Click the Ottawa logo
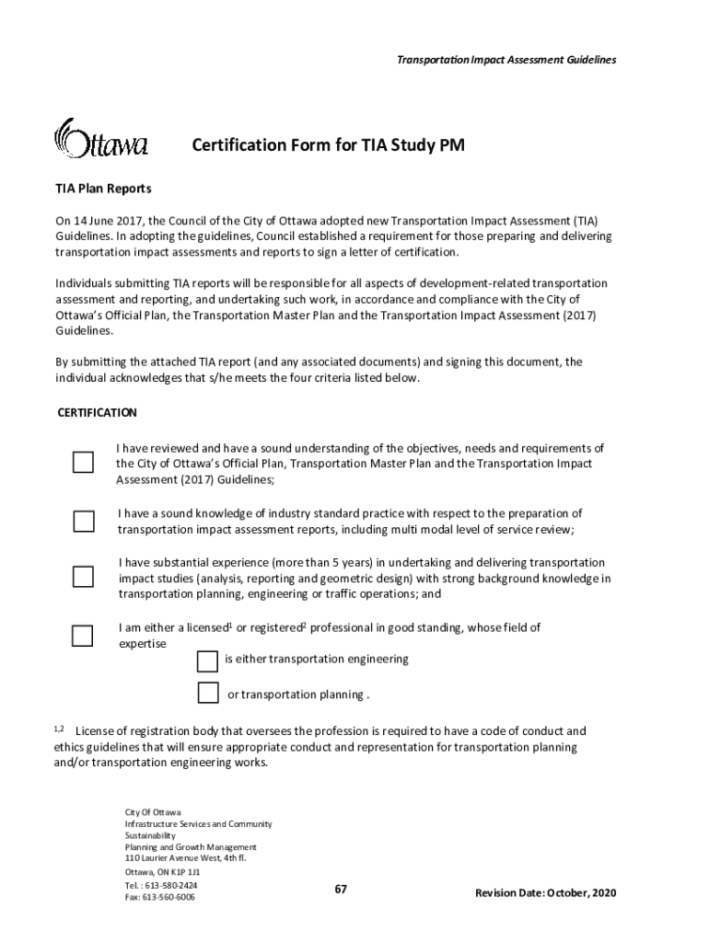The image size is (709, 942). point(100,140)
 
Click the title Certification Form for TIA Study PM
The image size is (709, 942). point(321,145)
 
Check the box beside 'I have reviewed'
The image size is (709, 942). point(83,462)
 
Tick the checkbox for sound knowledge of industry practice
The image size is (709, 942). point(83,522)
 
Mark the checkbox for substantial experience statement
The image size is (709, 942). point(83,577)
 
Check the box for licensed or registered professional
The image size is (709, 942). point(83,635)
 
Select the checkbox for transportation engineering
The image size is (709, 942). point(208,661)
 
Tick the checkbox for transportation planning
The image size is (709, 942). point(208,693)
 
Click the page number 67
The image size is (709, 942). point(341,889)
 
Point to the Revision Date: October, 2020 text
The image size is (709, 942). point(545,893)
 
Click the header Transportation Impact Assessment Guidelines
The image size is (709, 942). point(506,60)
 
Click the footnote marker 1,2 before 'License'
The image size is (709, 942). point(59,729)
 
